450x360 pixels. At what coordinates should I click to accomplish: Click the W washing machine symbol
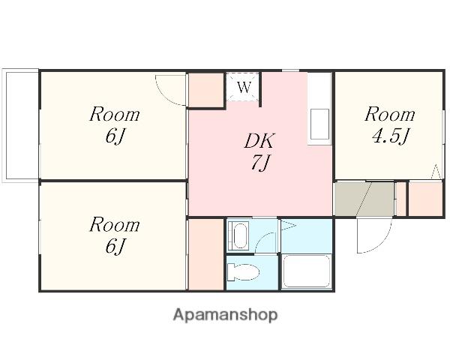pyautogui.click(x=244, y=87)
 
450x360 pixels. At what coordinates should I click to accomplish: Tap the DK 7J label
pyautogui.click(x=259, y=151)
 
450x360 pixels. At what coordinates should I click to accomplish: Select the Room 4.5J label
pyautogui.click(x=390, y=125)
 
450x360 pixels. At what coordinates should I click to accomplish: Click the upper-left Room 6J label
pyautogui.click(x=115, y=125)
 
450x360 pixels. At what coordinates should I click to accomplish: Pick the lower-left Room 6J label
pyautogui.click(x=115, y=235)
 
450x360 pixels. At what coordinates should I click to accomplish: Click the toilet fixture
pyautogui.click(x=243, y=271)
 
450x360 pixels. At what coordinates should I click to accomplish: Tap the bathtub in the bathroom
pyautogui.click(x=306, y=271)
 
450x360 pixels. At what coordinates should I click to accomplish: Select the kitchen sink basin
pyautogui.click(x=319, y=124)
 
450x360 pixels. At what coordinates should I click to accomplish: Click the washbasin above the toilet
pyautogui.click(x=241, y=235)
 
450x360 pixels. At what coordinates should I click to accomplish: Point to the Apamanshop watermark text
pyautogui.click(x=225, y=315)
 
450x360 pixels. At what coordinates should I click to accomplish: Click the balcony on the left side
pyautogui.click(x=21, y=125)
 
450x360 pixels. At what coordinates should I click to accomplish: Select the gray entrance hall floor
pyautogui.click(x=364, y=199)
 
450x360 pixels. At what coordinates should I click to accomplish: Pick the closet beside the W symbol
pyautogui.click(x=205, y=90)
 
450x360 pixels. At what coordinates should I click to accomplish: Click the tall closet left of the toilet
pyautogui.click(x=205, y=254)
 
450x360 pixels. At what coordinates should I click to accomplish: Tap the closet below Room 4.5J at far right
pyautogui.click(x=425, y=199)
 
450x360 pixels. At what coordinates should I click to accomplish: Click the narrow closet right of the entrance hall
pyautogui.click(x=400, y=199)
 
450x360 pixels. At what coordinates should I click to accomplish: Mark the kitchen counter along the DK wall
pyautogui.click(x=319, y=109)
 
